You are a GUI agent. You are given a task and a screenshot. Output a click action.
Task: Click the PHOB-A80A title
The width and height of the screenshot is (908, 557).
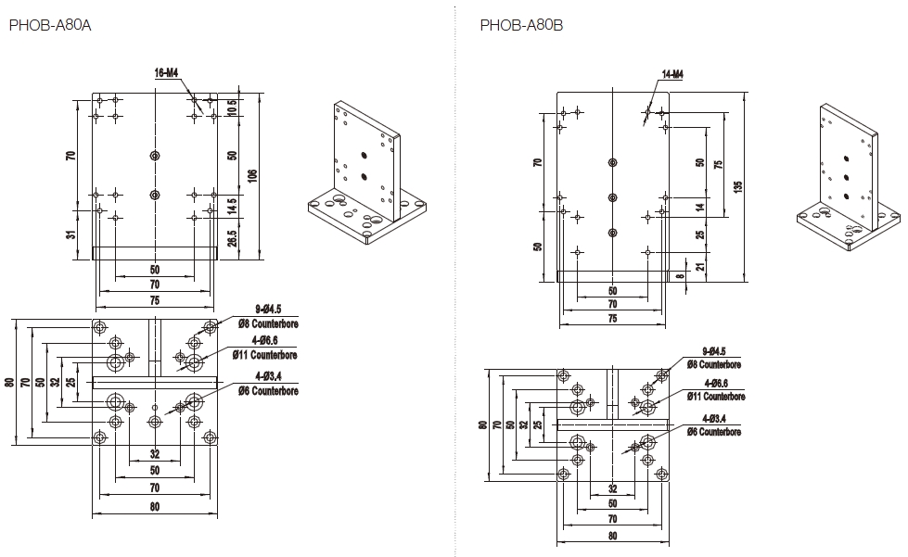(50, 25)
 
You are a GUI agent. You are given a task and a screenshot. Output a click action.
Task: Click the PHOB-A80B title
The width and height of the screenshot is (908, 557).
(521, 25)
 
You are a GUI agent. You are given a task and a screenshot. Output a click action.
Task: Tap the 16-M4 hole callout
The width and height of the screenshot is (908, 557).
(167, 71)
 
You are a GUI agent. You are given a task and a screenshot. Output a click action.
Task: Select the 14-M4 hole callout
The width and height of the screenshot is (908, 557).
(672, 73)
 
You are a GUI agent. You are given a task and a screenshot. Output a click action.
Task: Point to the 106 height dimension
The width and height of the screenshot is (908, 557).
(251, 175)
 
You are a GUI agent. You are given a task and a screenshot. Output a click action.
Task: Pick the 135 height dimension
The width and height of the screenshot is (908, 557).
(738, 185)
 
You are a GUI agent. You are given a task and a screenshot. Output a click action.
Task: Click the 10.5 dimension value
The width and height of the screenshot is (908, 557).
(232, 107)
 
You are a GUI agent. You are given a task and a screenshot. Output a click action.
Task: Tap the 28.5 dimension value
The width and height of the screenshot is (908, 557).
(232, 239)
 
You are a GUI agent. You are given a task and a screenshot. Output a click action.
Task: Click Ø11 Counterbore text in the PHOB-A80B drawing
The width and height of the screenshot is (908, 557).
(715, 396)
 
